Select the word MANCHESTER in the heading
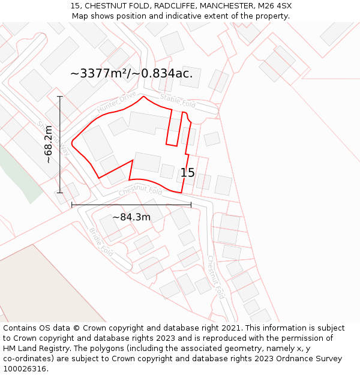[225, 6]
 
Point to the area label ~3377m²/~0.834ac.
[131, 74]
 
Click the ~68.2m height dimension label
[49, 145]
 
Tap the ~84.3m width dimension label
[131, 217]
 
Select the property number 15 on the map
[188, 173]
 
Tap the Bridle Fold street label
[101, 242]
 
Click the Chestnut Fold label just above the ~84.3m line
[140, 191]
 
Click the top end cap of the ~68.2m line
[60, 96]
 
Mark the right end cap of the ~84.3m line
[191, 205]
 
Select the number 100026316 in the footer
[25, 368]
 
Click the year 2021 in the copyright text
[230, 328]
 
